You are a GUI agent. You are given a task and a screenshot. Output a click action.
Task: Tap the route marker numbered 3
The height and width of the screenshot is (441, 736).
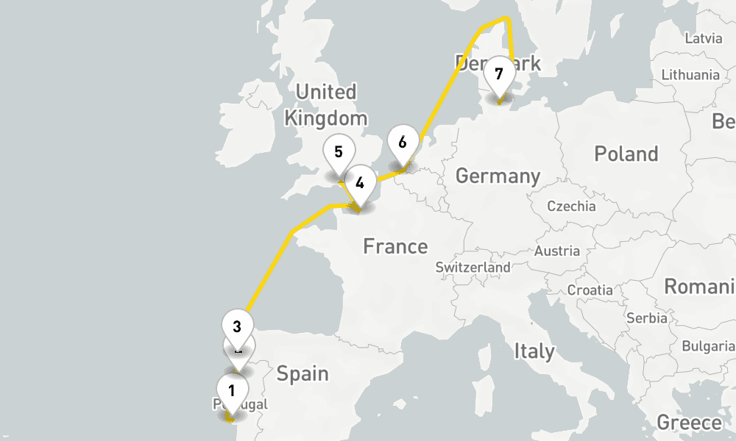pyautogui.click(x=237, y=326)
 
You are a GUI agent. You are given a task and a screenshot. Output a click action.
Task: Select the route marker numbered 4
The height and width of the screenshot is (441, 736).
pyautogui.click(x=360, y=183)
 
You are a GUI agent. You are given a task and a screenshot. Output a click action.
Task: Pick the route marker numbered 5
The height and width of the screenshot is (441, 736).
pyautogui.click(x=338, y=152)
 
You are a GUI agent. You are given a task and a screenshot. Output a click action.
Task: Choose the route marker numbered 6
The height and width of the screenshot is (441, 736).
pyautogui.click(x=403, y=143)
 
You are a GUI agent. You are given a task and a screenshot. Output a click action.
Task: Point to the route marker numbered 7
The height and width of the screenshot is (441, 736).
pyautogui.click(x=499, y=74)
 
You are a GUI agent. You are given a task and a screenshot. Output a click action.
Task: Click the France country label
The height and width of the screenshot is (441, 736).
pyautogui.click(x=395, y=246)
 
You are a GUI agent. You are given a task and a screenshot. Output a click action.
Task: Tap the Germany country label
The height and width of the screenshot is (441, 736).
pyautogui.click(x=498, y=176)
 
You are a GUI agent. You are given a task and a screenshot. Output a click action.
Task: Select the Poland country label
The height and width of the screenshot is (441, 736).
pyautogui.click(x=626, y=154)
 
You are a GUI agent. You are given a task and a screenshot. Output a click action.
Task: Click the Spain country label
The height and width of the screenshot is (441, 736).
pyautogui.click(x=302, y=373)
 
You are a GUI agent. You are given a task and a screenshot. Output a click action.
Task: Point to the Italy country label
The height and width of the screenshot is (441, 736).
pyautogui.click(x=534, y=351)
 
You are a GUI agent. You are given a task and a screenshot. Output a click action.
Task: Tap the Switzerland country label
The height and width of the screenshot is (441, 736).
pyautogui.click(x=473, y=268)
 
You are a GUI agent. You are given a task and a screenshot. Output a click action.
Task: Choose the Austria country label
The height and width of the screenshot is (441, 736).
pyautogui.click(x=557, y=251)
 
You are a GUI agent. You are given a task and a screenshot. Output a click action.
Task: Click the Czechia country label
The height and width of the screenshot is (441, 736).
pyautogui.click(x=571, y=207)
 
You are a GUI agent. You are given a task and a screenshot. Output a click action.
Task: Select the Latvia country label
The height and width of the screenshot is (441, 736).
pyautogui.click(x=703, y=38)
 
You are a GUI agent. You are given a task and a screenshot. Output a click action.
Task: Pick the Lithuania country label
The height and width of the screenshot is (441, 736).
pyautogui.click(x=690, y=75)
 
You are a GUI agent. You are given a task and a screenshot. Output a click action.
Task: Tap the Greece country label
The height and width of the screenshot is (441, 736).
pyautogui.click(x=689, y=423)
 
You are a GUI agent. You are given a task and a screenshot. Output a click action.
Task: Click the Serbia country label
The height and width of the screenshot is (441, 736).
pyautogui.click(x=646, y=318)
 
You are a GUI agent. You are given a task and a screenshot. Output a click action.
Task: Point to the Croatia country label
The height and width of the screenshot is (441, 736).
pyautogui.click(x=590, y=290)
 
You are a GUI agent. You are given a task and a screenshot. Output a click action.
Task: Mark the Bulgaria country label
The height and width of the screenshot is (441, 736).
pyautogui.click(x=708, y=345)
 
